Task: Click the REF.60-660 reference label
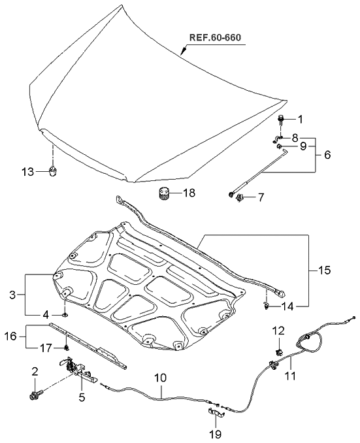pos(215,37)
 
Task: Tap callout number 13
pos(27,172)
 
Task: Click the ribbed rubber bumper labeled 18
pos(162,194)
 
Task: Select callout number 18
pos(189,193)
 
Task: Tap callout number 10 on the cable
pos(161,378)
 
